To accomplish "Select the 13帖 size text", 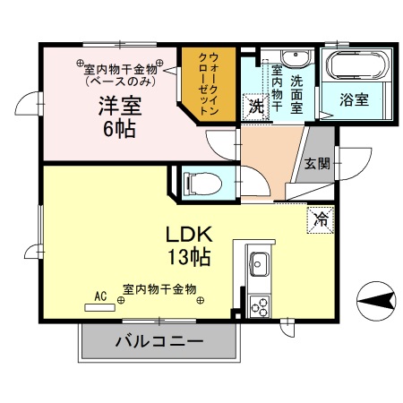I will pyautogui.click(x=188, y=259).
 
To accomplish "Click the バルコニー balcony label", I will pyautogui.click(x=159, y=341).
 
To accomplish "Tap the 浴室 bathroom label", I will pyautogui.click(x=354, y=100).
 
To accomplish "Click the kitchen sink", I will pyautogui.click(x=261, y=266).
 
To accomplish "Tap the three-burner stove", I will pyautogui.click(x=261, y=305).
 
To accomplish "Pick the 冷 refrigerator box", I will pyautogui.click(x=319, y=219).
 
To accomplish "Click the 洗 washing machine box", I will pyautogui.click(x=255, y=105).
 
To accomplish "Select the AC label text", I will pyautogui.click(x=100, y=295).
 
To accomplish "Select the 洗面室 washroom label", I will pyautogui.click(x=297, y=90).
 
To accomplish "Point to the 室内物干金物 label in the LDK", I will pyautogui.click(x=159, y=291).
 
